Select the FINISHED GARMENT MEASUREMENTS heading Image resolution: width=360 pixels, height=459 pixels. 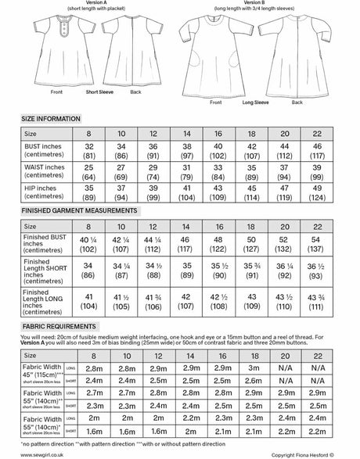coord(71,210)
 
